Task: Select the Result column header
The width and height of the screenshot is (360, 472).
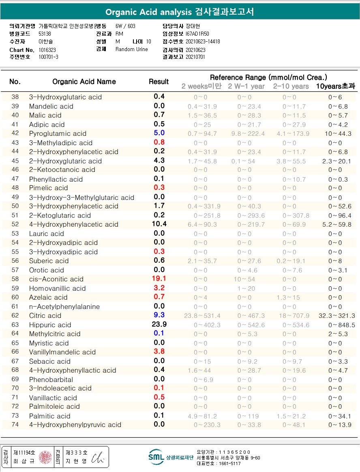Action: [159, 82]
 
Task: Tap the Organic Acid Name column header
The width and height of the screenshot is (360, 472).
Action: [84, 82]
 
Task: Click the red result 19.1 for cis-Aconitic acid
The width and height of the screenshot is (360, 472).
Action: [159, 279]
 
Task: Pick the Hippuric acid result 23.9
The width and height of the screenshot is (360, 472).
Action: [159, 325]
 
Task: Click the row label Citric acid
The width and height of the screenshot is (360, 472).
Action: [45, 315]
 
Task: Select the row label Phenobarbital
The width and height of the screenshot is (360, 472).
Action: [51, 380]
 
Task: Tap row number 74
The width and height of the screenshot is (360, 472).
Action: [15, 425]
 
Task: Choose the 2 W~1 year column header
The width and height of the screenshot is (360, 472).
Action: [246, 86]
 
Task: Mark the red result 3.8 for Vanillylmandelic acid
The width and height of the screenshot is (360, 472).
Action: [159, 352]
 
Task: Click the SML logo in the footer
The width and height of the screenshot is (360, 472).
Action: [156, 457]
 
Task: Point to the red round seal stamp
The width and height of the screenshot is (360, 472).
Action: [45, 457]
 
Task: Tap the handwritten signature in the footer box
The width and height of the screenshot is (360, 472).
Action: [98, 457]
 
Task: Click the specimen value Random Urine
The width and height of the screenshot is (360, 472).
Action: [132, 49]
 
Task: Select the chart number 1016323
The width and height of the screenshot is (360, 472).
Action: [48, 49]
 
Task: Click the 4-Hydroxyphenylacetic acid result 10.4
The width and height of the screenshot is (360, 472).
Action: [159, 224]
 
